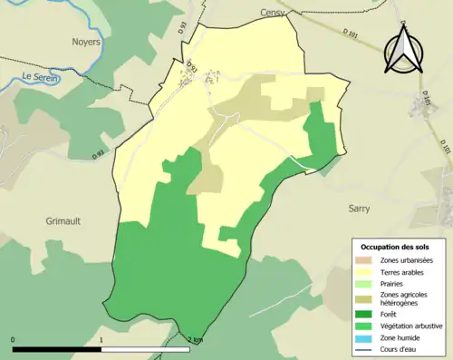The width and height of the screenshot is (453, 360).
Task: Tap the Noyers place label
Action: (85, 42)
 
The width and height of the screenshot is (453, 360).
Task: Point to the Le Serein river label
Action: (44, 77)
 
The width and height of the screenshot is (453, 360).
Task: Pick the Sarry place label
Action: (361, 208)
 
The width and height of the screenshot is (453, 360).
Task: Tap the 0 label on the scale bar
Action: (14, 339)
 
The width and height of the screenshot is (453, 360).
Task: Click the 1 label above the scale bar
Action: (101, 339)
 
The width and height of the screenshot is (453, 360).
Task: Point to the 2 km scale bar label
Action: (195, 339)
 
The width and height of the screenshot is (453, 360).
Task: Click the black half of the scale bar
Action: (57, 349)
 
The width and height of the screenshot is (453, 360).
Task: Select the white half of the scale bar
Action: (146, 349)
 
